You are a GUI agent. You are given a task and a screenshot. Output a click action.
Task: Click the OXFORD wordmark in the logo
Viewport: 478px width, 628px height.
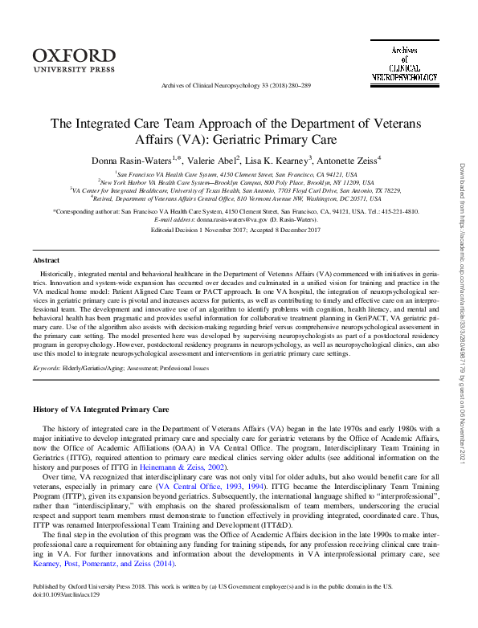tap(75, 55)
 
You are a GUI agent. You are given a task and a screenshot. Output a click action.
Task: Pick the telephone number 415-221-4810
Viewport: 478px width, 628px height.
tap(399, 210)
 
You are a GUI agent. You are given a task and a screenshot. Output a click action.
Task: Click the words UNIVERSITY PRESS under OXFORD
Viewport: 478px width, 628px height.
tap(75, 69)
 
